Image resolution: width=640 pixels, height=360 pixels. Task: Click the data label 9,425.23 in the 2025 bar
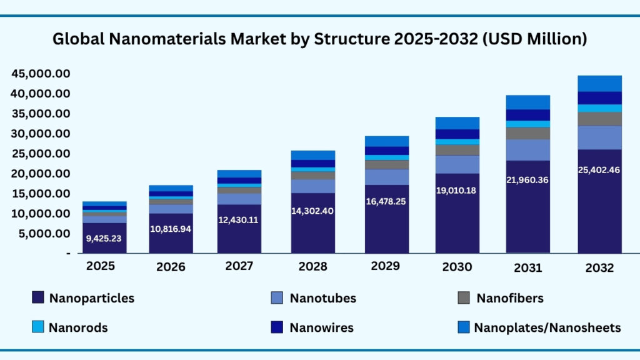click(x=104, y=238)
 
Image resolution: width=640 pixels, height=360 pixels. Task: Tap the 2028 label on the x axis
click(x=312, y=267)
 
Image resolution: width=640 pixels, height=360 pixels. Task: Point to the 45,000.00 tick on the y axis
click(x=41, y=74)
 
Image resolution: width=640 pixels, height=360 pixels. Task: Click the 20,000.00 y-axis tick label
click(x=41, y=174)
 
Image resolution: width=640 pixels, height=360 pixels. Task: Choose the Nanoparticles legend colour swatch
click(x=37, y=298)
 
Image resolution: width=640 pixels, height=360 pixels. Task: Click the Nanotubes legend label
click(x=322, y=298)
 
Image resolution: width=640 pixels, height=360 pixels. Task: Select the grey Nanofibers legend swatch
click(x=464, y=298)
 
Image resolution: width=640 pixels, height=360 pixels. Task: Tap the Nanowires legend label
click(x=322, y=327)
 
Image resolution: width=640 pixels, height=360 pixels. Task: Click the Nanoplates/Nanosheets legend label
click(x=547, y=327)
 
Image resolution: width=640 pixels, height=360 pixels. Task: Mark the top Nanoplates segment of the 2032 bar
click(x=599, y=83)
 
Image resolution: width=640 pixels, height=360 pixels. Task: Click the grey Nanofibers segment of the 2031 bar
click(x=528, y=133)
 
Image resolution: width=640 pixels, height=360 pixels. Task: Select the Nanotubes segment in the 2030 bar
click(x=457, y=164)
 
